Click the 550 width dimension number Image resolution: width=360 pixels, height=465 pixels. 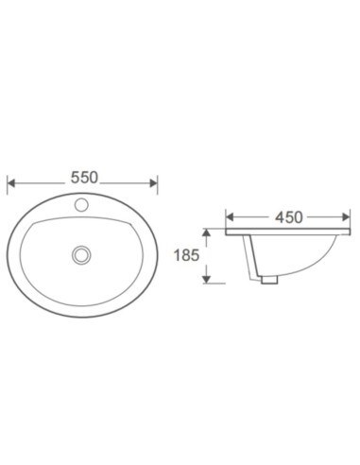(83, 178)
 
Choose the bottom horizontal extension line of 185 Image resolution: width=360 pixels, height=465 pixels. (214, 284)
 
